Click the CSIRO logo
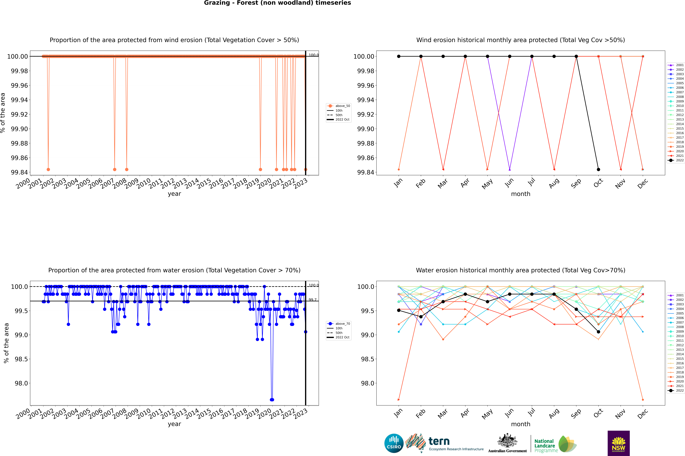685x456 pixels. [x=394, y=443]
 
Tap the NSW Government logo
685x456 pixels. [x=618, y=443]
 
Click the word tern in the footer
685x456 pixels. [x=439, y=441]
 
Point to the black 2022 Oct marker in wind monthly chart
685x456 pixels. [x=598, y=170]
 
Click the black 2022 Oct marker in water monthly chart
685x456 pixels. [x=598, y=332]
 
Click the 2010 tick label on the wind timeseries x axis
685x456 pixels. [x=143, y=184]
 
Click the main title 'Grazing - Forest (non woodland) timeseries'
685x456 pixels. [x=277, y=3]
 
